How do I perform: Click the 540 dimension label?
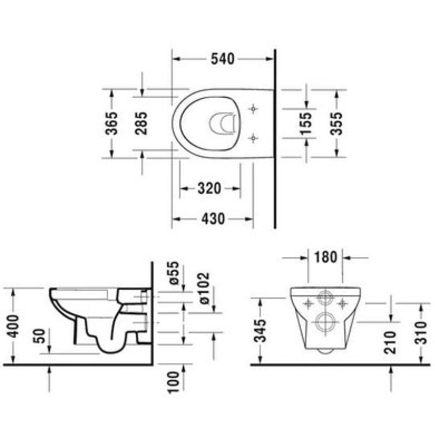click(222, 59)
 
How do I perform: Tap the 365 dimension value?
click(111, 123)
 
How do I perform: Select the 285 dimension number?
click(141, 123)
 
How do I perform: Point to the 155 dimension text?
click(306, 124)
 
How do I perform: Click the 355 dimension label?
click(336, 123)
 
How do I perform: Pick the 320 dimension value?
click(209, 189)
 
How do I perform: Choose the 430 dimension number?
click(213, 219)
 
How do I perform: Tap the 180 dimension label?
click(325, 257)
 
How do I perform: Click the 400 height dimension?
click(13, 326)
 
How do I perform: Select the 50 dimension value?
click(39, 336)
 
